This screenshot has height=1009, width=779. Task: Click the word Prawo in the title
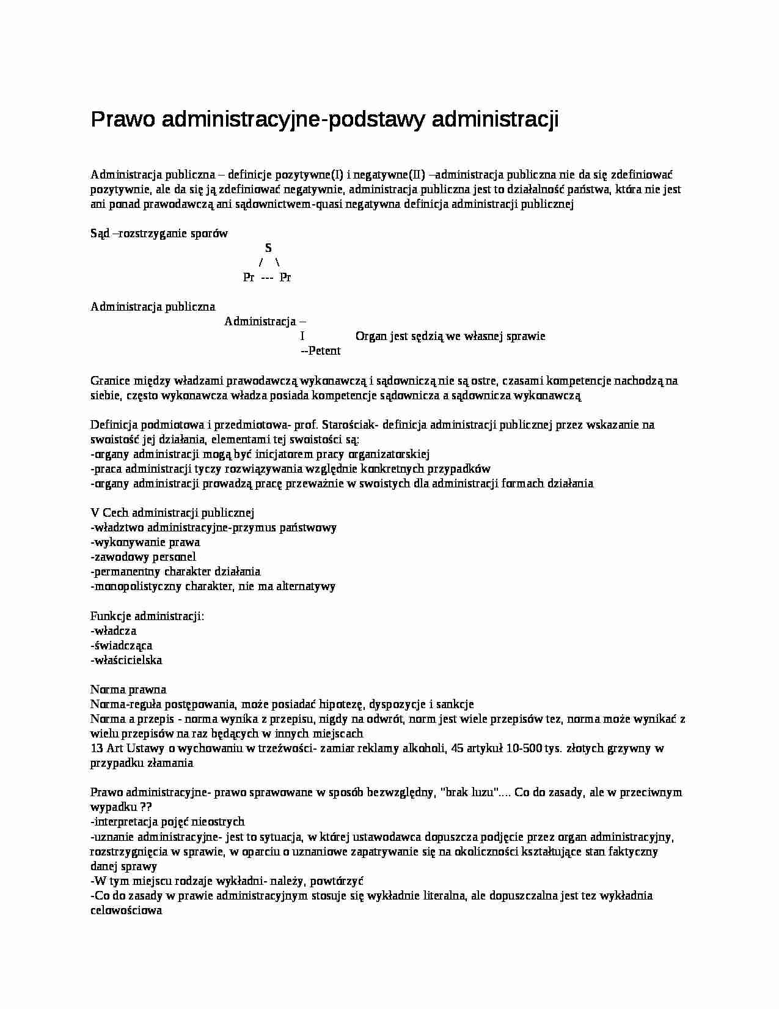[x=123, y=120]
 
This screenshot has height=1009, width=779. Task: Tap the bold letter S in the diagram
[x=268, y=248]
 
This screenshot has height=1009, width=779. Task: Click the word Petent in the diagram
[x=324, y=351]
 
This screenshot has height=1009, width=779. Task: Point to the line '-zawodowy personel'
[x=143, y=557]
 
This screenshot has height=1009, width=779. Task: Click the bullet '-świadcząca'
[x=121, y=645]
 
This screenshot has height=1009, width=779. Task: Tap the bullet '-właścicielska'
[x=126, y=660]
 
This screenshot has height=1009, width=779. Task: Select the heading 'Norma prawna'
[x=128, y=690]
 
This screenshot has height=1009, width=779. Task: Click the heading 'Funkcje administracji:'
[x=147, y=616]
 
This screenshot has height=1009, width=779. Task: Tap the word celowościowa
[x=126, y=911]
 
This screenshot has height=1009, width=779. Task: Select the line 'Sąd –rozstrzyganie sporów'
[x=159, y=233]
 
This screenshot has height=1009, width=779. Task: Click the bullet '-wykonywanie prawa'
[x=145, y=542]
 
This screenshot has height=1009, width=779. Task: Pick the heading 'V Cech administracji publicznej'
[x=172, y=513]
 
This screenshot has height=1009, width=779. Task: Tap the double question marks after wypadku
[x=146, y=807]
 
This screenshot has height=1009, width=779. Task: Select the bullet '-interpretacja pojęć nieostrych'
[x=167, y=822]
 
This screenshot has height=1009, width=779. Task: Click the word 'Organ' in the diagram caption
[x=371, y=336]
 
